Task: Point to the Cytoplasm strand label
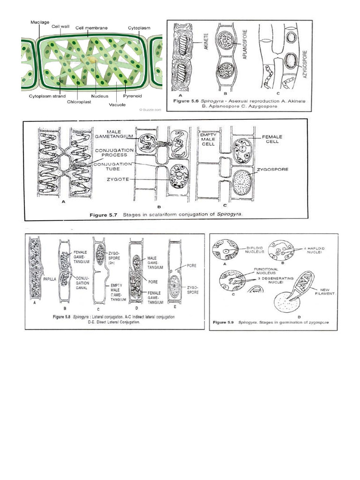43,95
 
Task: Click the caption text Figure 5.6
191,100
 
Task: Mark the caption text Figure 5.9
224,323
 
